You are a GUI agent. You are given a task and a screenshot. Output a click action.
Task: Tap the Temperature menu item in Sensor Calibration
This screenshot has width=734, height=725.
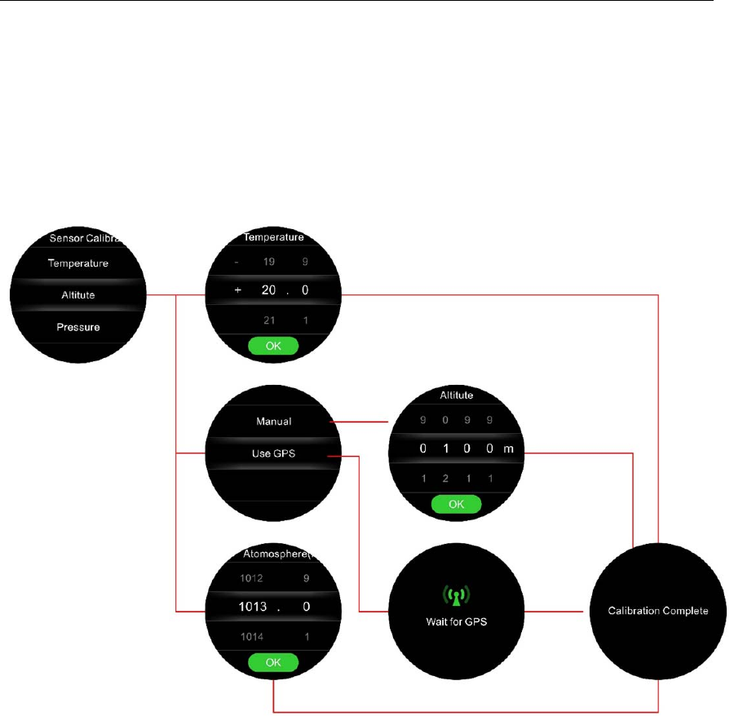tap(78, 263)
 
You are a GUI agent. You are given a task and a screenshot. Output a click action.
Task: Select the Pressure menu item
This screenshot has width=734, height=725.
tap(78, 327)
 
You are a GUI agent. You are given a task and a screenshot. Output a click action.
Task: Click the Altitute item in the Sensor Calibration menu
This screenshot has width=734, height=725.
tap(78, 295)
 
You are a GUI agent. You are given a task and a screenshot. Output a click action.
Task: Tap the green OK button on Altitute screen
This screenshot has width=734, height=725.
tap(457, 504)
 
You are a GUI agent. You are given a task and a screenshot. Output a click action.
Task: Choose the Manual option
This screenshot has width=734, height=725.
tap(274, 422)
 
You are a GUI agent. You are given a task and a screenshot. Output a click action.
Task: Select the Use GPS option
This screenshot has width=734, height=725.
tap(273, 454)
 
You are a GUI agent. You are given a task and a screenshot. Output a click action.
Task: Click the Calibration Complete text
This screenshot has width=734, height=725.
tap(658, 610)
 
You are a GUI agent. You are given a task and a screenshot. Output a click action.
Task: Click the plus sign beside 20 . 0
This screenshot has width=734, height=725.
tap(237, 290)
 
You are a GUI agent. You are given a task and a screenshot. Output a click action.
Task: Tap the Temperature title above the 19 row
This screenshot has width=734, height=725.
tap(274, 238)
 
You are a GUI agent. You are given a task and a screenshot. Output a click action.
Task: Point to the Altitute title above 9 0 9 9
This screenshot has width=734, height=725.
tap(457, 395)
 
